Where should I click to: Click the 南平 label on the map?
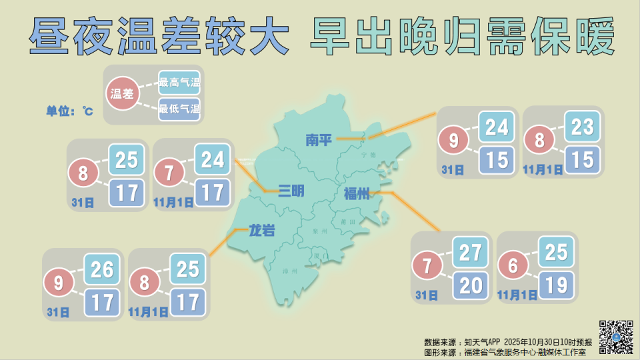pyautogui.click(x=318, y=140)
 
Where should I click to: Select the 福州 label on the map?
pyautogui.click(x=356, y=194)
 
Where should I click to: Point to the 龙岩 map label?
pyautogui.click(x=262, y=231)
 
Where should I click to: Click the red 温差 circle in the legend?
pyautogui.click(x=122, y=95)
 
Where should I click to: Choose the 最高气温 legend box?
pyautogui.click(x=179, y=83)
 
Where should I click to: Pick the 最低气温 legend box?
pyautogui.click(x=179, y=109)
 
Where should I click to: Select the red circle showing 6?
pyautogui.click(x=513, y=266)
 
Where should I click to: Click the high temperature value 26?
pyautogui.click(x=102, y=270)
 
